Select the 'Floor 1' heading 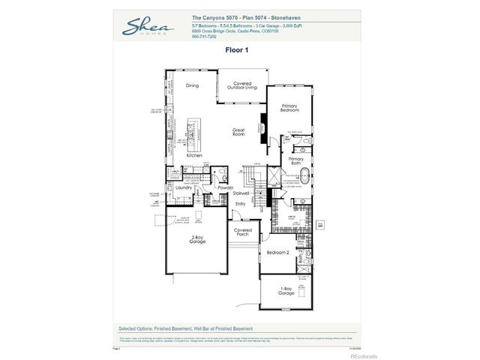(x=237, y=49)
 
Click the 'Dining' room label (x=192, y=85)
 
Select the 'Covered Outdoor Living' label (x=241, y=85)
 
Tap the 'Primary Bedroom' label (x=290, y=108)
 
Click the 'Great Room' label (x=239, y=131)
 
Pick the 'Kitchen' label (x=194, y=155)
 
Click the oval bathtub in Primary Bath (x=305, y=178)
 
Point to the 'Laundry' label (x=184, y=187)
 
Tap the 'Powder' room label (x=226, y=187)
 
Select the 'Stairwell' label (x=241, y=193)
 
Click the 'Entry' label (x=241, y=203)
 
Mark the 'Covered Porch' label (x=241, y=232)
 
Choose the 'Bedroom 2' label (x=277, y=253)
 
